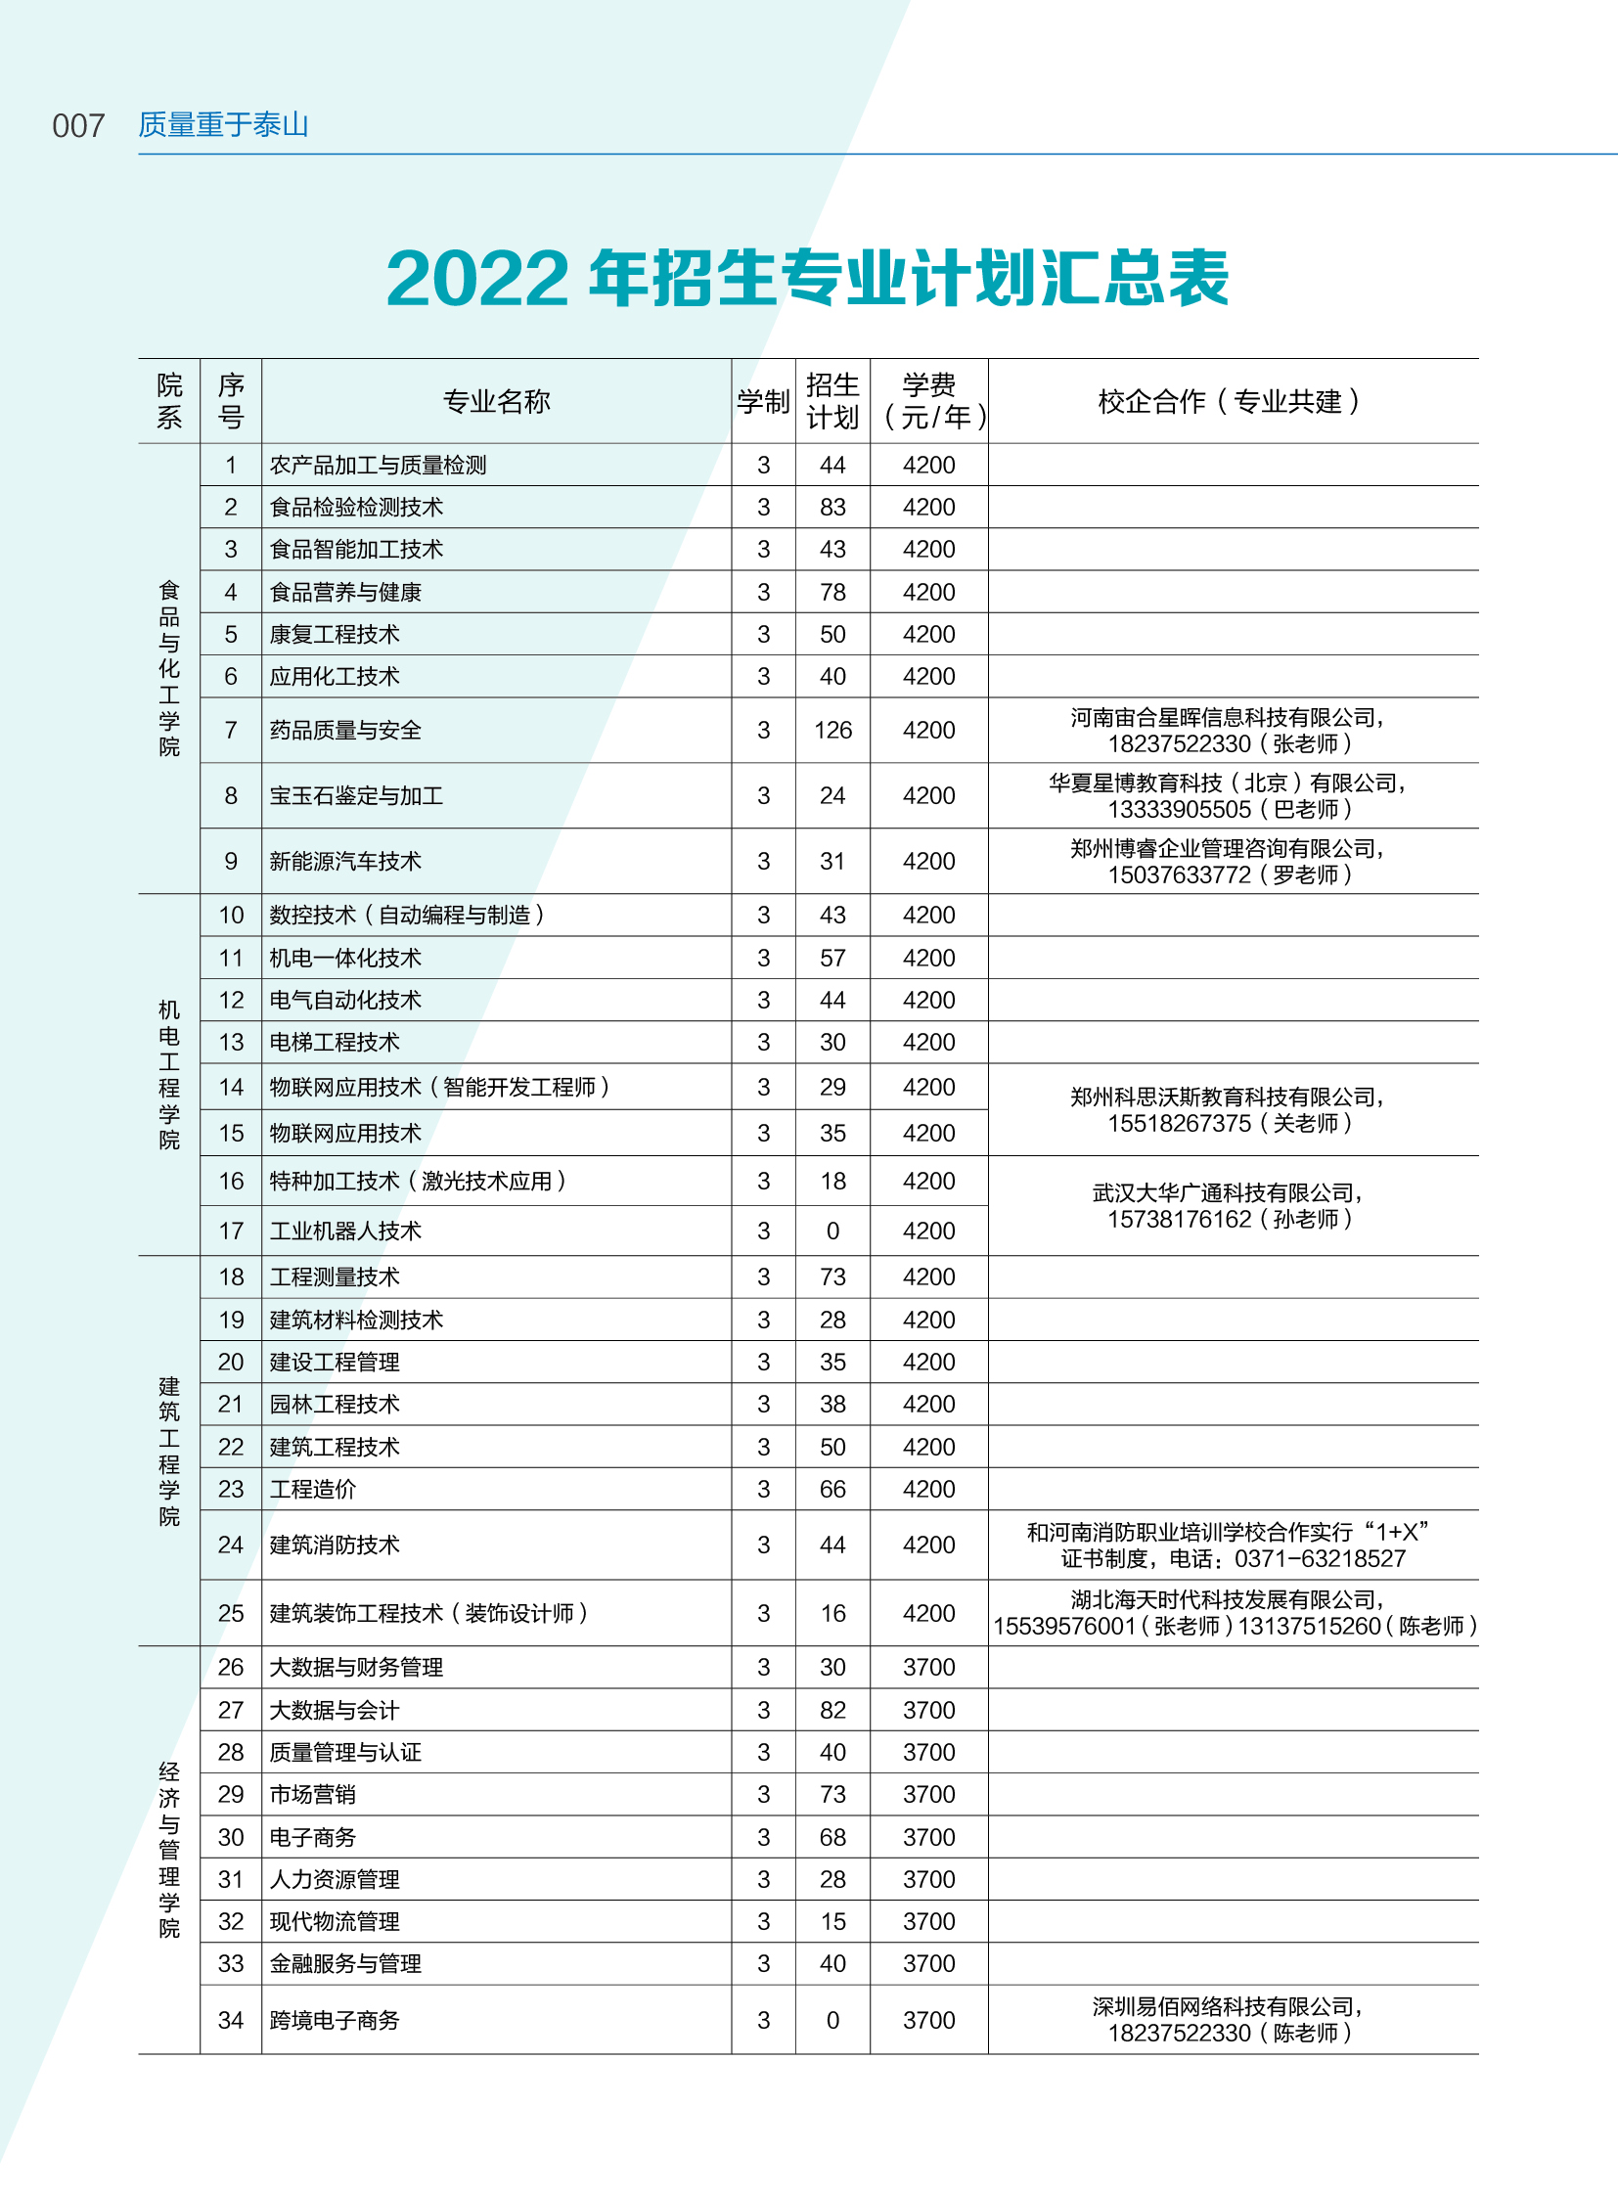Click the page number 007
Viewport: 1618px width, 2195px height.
[78, 126]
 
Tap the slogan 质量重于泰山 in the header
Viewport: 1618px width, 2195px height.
[223, 124]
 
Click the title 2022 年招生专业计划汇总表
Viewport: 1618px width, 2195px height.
[807, 278]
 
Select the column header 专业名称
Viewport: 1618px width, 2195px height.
[497, 402]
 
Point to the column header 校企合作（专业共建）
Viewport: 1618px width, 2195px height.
[1233, 402]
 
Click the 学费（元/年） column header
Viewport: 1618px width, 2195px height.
[928, 402]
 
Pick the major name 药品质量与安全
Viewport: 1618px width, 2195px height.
[345, 731]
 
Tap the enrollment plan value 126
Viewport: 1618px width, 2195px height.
[832, 731]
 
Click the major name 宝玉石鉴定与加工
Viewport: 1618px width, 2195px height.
[356, 796]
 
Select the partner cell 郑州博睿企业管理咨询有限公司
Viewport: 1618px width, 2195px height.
[1229, 849]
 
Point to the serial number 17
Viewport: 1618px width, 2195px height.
[231, 1232]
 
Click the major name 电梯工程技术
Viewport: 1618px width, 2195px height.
[335, 1043]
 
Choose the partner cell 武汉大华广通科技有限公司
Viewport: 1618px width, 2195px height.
[1229, 1193]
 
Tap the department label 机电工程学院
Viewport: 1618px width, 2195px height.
[169, 1074]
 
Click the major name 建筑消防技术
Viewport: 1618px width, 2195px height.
[335, 1545]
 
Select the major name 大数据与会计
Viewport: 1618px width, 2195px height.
[335, 1711]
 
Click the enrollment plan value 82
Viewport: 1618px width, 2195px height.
[832, 1711]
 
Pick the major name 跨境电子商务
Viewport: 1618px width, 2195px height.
[335, 2021]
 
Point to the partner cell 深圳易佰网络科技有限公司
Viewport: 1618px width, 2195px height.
[1229, 2007]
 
